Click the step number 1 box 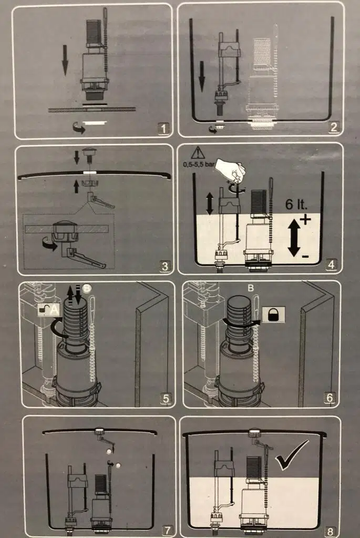tap(163, 129)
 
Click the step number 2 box tap(333, 127)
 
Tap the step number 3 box tap(165, 266)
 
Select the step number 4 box tap(331, 265)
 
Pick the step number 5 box tap(166, 398)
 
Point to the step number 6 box tap(330, 398)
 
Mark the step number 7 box tap(168, 530)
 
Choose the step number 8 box tap(330, 531)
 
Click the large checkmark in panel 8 tap(292, 455)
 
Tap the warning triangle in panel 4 tap(198, 153)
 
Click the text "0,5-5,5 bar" tap(198, 165)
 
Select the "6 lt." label tap(296, 204)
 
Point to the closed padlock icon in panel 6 tap(274, 314)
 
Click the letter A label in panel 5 tap(55, 310)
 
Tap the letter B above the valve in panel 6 tap(251, 288)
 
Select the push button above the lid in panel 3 tap(89, 153)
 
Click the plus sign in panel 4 tap(305, 219)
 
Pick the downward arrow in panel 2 tap(202, 76)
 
